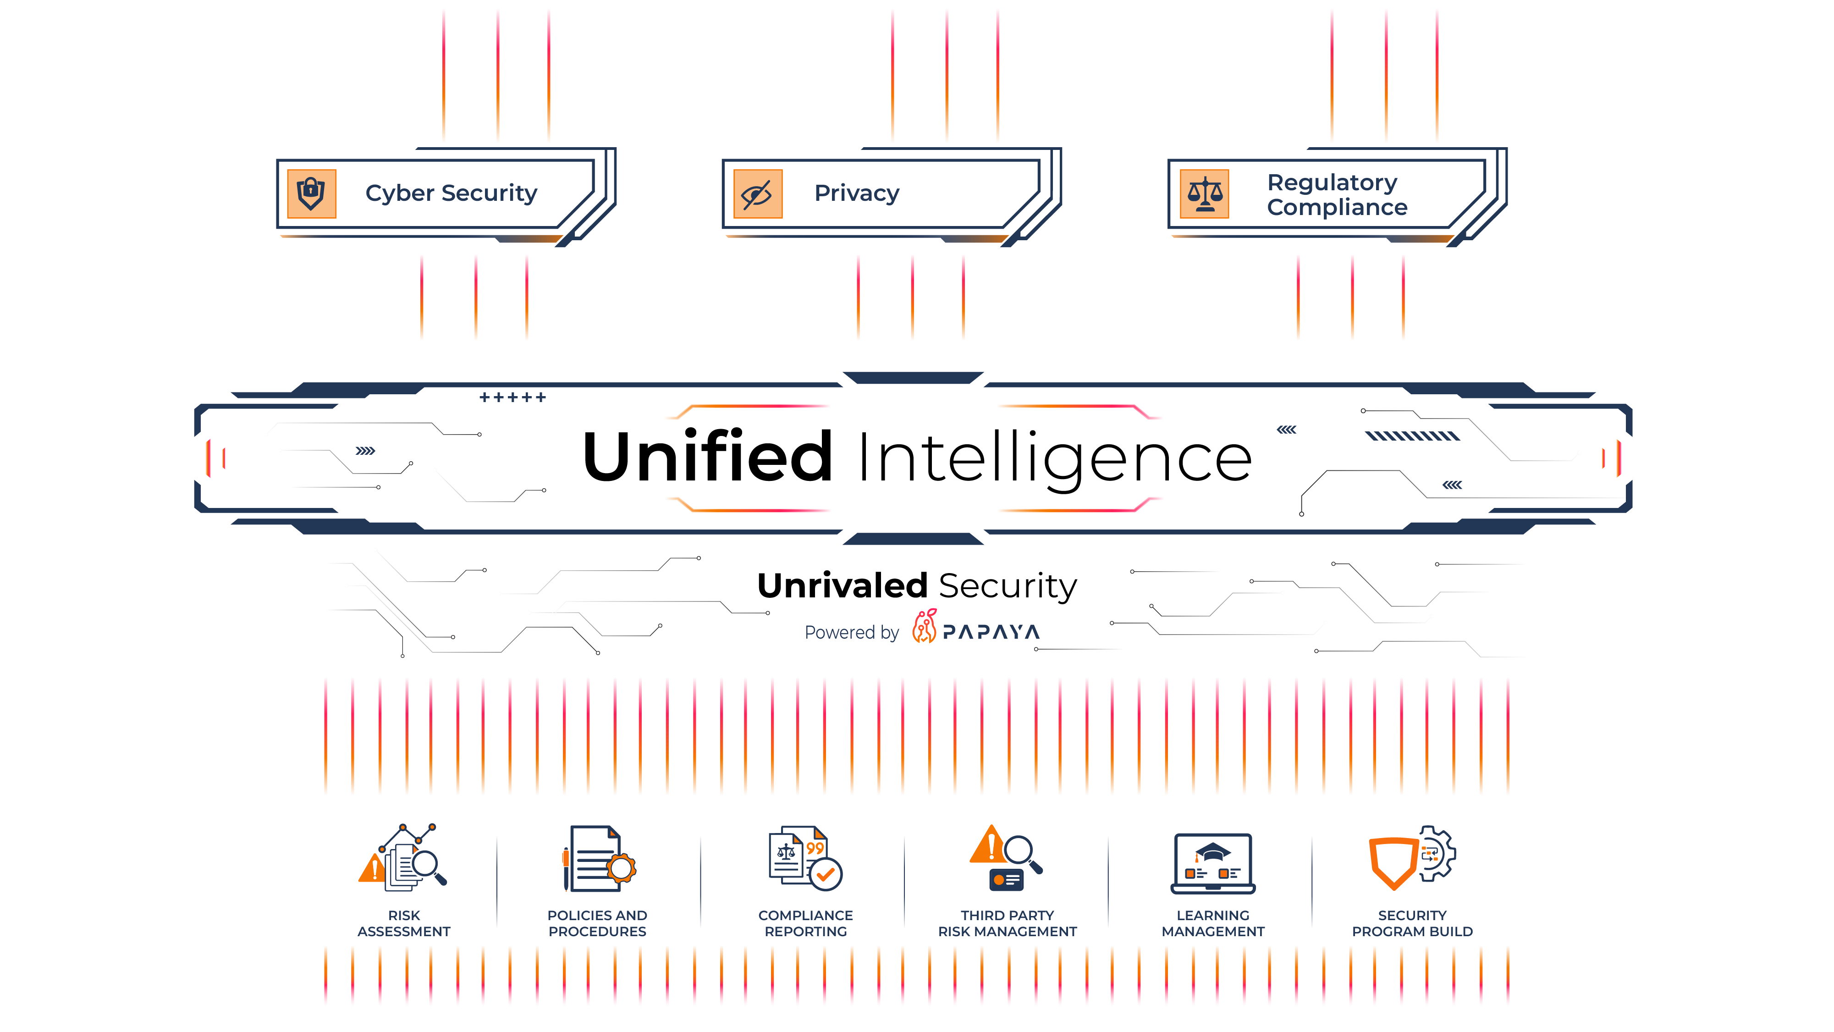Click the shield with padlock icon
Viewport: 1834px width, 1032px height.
click(x=310, y=194)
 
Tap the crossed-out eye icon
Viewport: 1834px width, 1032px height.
click(x=756, y=195)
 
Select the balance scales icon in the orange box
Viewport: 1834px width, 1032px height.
click(x=1205, y=194)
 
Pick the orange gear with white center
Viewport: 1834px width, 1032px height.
click(x=621, y=869)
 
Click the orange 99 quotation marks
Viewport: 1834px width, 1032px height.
click(x=815, y=848)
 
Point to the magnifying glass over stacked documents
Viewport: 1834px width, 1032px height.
click(x=425, y=864)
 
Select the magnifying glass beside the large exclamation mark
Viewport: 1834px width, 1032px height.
click(x=1018, y=850)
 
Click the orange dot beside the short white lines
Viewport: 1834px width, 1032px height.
click(x=999, y=880)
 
